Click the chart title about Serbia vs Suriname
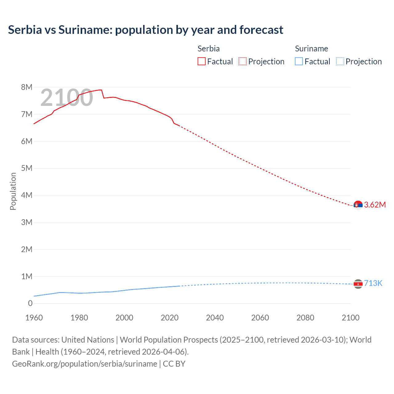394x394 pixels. (x=146, y=30)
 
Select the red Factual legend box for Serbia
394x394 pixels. (x=201, y=61)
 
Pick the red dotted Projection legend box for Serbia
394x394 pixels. (x=243, y=61)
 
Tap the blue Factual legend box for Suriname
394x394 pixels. (x=299, y=61)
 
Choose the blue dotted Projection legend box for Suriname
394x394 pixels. (x=340, y=61)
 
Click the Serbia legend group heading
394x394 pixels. (x=208, y=49)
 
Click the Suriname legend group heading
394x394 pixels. (x=311, y=49)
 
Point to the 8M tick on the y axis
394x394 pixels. (x=27, y=87)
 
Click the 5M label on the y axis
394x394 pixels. (x=27, y=168)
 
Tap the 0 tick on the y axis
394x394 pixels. (x=30, y=303)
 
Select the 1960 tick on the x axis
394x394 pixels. (x=34, y=318)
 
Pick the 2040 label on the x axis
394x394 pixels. (x=215, y=318)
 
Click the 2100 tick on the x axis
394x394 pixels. (x=350, y=318)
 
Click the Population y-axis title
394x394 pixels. (x=13, y=191)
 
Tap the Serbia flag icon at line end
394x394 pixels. (x=358, y=205)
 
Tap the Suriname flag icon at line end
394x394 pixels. (x=358, y=284)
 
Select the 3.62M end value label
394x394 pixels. (x=375, y=205)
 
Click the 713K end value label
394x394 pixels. (x=373, y=283)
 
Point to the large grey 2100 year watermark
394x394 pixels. (x=66, y=98)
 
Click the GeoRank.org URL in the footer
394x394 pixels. (x=85, y=364)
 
